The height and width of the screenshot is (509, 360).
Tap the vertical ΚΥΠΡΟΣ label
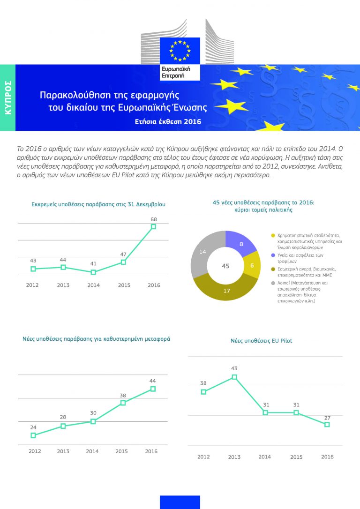coord(7,98)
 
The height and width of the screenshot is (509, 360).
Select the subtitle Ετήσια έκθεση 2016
coord(168,122)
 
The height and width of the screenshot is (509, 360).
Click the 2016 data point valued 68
coord(153,226)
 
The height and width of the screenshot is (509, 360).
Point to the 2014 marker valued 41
coord(93,272)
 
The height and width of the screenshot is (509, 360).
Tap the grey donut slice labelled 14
coord(202,252)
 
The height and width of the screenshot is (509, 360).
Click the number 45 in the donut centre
coord(225,266)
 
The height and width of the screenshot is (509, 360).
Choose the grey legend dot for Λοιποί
coord(273,283)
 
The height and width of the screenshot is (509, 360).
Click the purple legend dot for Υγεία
coord(273,255)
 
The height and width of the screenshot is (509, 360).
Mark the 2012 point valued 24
coord(33,435)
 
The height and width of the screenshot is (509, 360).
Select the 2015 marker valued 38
coord(123,403)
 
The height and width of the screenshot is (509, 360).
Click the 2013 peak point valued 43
coord(234,377)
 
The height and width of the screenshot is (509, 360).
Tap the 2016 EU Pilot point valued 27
coord(327,424)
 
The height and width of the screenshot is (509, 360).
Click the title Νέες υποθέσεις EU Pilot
coord(261,341)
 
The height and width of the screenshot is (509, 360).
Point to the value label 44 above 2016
coord(153,381)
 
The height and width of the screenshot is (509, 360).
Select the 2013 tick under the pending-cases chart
coord(63,285)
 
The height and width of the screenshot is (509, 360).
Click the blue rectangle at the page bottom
coord(180,502)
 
